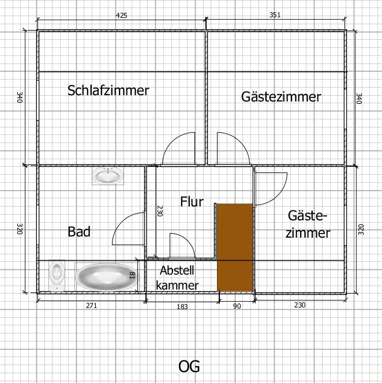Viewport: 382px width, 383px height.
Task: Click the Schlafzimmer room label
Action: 108,91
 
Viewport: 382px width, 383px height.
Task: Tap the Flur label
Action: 192,202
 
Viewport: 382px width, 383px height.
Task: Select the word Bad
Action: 79,231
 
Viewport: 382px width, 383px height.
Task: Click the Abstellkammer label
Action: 177,278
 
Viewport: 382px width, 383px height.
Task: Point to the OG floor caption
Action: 189,366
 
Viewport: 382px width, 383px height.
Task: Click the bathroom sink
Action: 108,175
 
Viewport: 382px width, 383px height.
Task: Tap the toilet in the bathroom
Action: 57,276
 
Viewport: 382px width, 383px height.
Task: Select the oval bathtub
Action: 106,277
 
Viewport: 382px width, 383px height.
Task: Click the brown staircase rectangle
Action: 235,247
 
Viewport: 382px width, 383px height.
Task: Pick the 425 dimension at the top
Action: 122,16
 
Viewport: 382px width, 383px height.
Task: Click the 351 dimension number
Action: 275,15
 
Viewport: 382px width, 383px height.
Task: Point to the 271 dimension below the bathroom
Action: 92,306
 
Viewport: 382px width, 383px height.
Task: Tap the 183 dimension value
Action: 182,306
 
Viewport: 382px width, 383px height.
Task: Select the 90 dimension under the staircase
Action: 237,306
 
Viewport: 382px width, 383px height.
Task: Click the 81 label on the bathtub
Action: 132,276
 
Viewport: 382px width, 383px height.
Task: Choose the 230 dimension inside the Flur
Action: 159,211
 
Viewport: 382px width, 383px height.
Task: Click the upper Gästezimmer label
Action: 281,97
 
